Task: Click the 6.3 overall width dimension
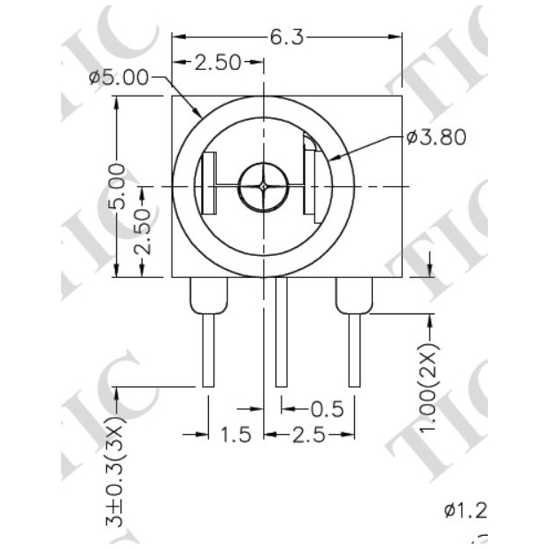[286, 37]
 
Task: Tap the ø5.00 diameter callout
[119, 77]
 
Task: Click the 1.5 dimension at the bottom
[236, 434]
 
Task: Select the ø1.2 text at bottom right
[465, 510]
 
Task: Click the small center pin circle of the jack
[265, 187]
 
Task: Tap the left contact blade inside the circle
[209, 184]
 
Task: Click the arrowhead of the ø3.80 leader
[331, 159]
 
